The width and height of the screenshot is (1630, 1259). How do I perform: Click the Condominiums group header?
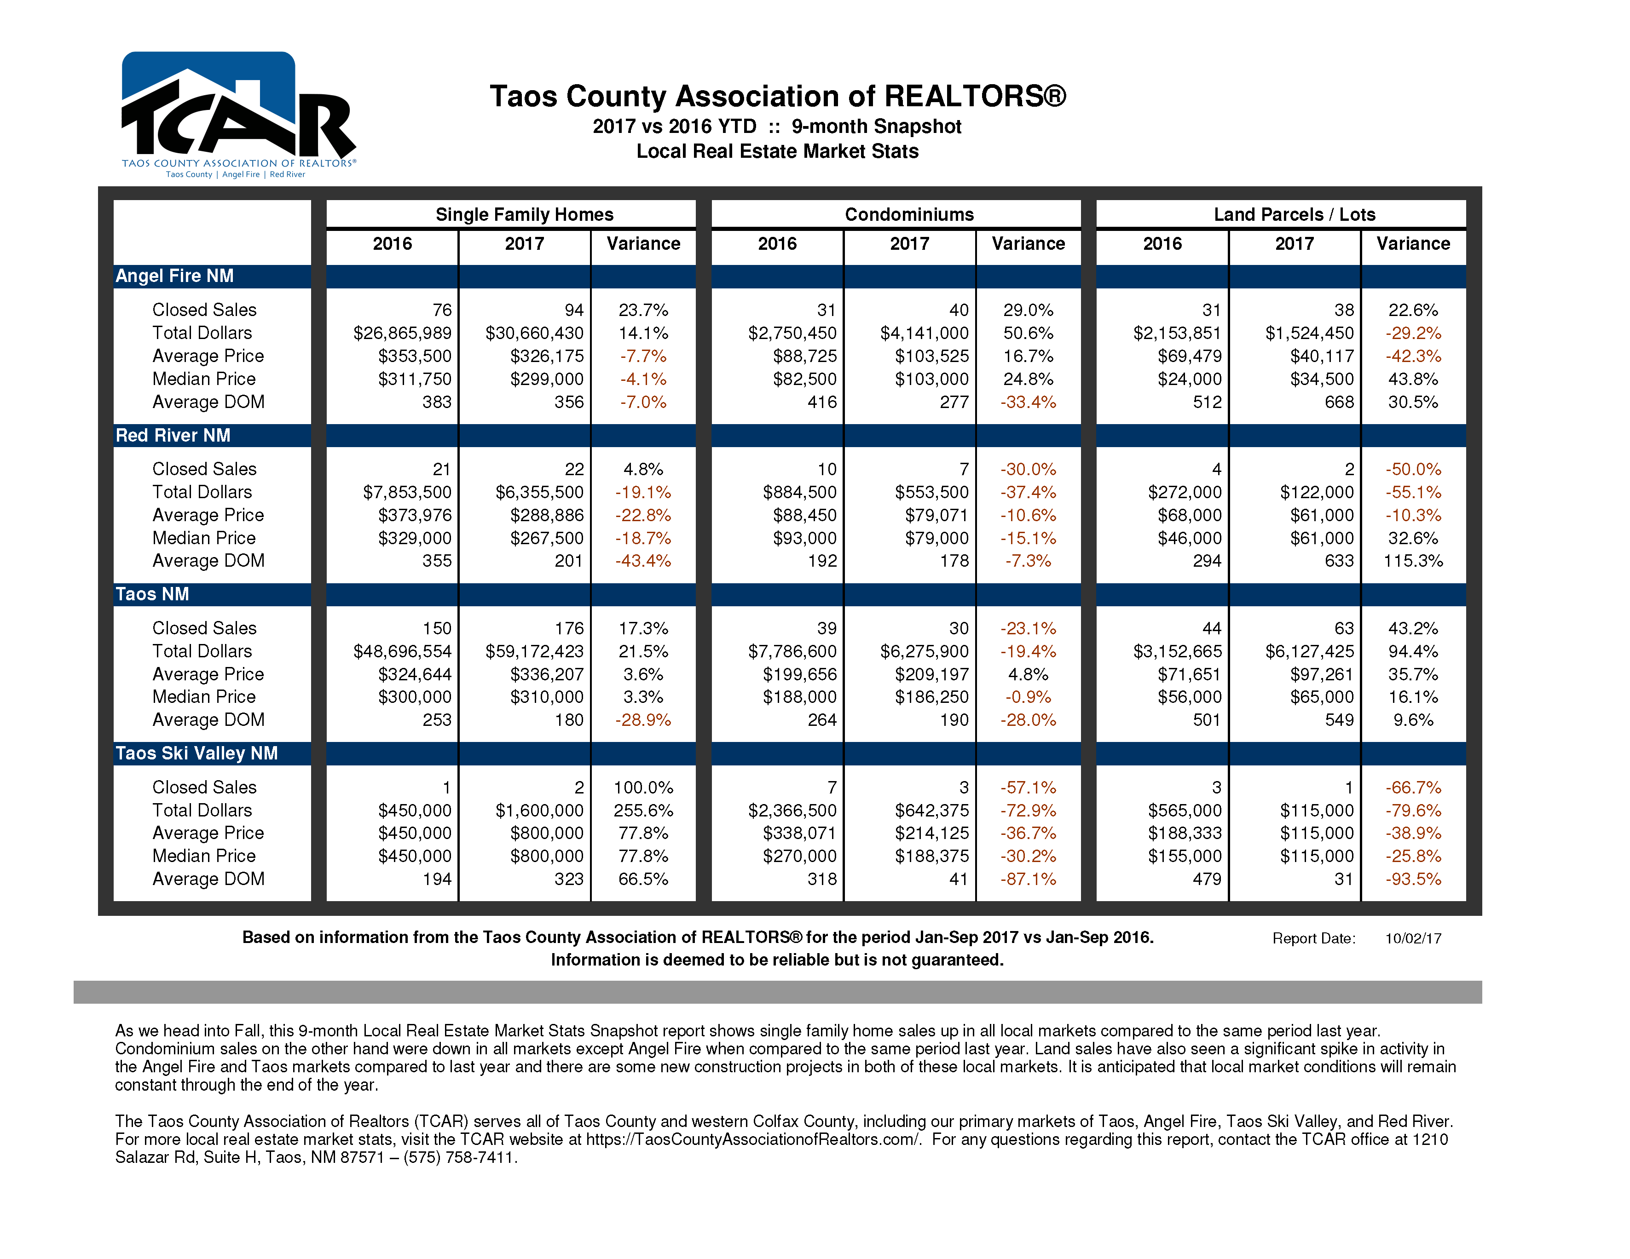pos(909,215)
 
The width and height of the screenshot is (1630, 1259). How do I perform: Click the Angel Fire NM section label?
pos(175,276)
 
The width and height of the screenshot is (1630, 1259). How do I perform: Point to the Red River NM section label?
pos(173,436)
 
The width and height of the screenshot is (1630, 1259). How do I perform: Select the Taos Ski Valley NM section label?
pos(197,753)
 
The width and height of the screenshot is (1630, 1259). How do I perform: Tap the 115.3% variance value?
pos(1413,561)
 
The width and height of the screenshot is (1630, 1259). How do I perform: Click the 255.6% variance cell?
pos(643,811)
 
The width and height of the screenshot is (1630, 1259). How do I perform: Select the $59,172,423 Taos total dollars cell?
pos(534,652)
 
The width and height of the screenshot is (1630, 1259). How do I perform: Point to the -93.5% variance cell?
pos(1413,880)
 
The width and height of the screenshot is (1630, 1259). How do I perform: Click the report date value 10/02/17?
pos(1413,938)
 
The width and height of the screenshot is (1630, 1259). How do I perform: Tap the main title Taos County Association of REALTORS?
pos(778,96)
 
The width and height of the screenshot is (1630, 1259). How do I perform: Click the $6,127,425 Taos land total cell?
pos(1309,652)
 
